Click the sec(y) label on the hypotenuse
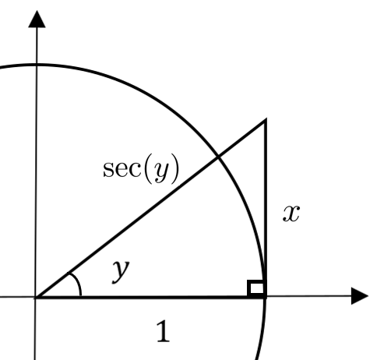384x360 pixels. (141, 169)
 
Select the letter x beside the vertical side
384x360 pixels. (291, 214)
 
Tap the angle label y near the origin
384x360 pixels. (121, 271)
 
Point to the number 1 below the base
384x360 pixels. (164, 331)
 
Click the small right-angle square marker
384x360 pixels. (256, 288)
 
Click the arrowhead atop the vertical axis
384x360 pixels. (37, 19)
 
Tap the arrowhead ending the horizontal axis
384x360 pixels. (360, 296)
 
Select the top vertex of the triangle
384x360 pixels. (265, 120)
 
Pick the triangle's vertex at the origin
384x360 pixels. (37, 297)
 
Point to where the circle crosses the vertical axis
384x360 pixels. (37, 65)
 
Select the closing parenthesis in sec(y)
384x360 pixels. (175, 169)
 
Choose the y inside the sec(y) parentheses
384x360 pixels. (161, 172)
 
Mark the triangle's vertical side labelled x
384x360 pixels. (265, 208)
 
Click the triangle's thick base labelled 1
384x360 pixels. (150, 297)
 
